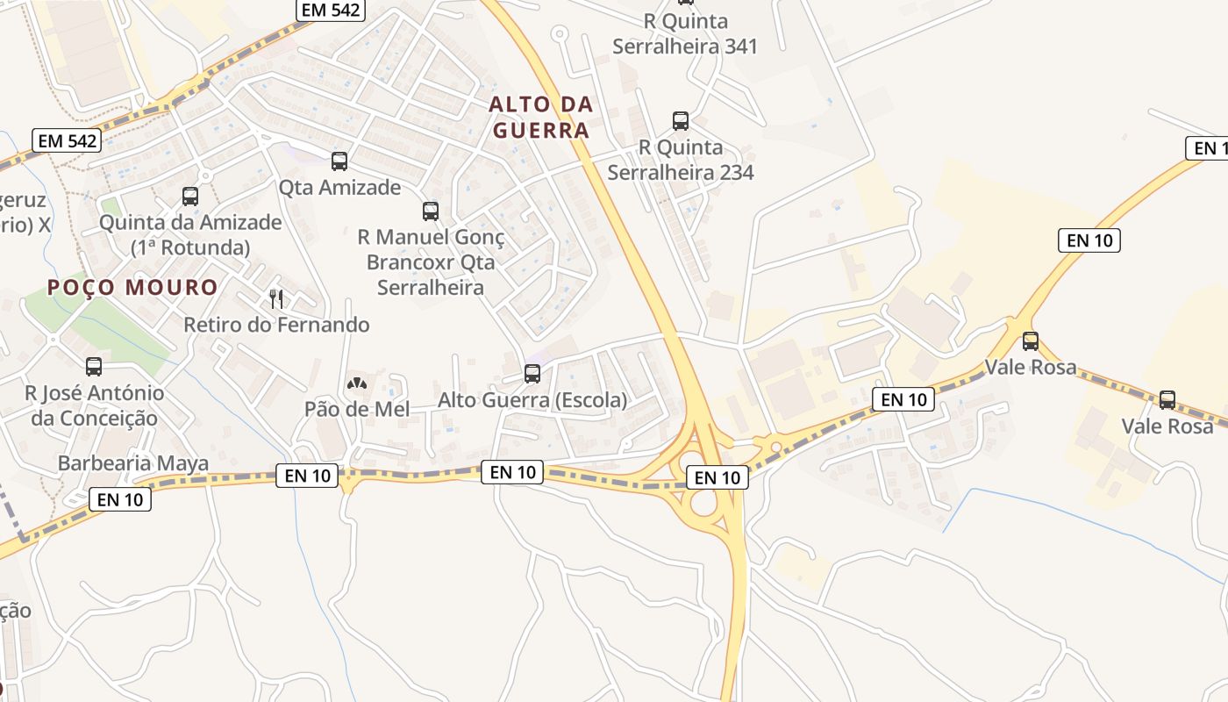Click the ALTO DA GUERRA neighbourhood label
coord(540,118)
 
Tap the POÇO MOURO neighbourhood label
coord(132,287)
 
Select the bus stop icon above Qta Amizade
coord(339,161)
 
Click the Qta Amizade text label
coord(339,187)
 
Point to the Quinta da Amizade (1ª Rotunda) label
coord(190,234)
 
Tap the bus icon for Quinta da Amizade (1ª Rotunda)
coord(190,197)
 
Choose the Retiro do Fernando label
coord(276,325)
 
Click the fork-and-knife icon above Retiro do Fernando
coord(276,298)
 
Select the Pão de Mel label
coord(357,409)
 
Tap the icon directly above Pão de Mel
coord(357,383)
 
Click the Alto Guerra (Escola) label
coord(532,400)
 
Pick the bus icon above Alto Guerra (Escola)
coord(532,374)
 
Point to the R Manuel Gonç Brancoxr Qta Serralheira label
coord(431,261)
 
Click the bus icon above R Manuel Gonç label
coord(431,211)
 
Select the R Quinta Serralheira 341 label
coord(685,33)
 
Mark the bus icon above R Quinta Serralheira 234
coord(681,121)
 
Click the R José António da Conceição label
coord(95,405)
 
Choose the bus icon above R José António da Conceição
coord(94,367)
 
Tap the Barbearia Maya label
coord(133,463)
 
